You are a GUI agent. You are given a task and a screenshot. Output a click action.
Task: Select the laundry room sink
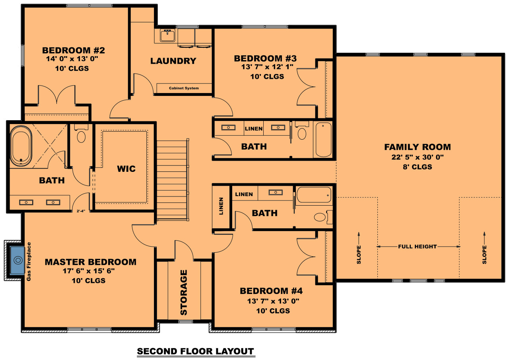[167, 35]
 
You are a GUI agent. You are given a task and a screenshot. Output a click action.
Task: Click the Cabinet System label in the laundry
[184, 88]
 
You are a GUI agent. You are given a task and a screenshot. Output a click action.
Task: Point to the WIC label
[126, 169]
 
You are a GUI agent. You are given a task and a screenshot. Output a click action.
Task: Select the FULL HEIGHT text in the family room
[418, 247]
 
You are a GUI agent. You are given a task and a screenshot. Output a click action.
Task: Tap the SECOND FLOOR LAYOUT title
[195, 351]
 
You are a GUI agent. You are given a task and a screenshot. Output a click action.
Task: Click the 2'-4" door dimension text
[81, 211]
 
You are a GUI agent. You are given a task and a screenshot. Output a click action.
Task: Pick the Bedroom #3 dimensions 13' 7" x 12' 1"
[267, 67]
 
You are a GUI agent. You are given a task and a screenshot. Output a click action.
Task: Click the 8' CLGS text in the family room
[417, 167]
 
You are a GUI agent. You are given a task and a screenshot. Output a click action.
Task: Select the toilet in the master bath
[81, 135]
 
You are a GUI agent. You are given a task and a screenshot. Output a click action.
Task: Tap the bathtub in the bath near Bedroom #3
[323, 139]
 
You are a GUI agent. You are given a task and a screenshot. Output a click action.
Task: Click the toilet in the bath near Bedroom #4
[321, 217]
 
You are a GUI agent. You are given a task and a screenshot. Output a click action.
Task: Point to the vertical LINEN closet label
[221, 206]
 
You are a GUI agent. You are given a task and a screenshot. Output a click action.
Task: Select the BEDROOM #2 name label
[74, 51]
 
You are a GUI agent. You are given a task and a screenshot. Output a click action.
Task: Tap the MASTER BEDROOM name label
[90, 262]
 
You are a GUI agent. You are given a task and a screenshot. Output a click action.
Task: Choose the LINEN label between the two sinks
[254, 129]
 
